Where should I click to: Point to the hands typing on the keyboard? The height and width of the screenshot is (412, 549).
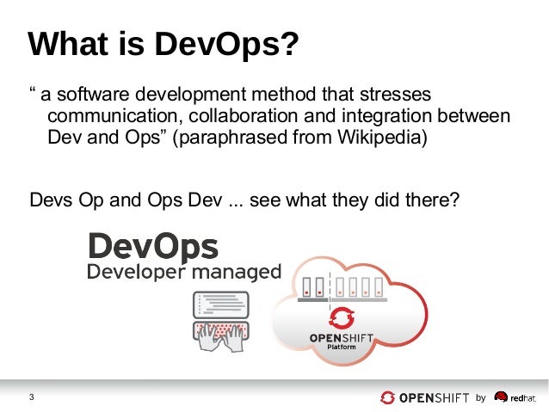pos(220,337)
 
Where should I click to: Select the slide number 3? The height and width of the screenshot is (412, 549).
pos(32,397)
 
